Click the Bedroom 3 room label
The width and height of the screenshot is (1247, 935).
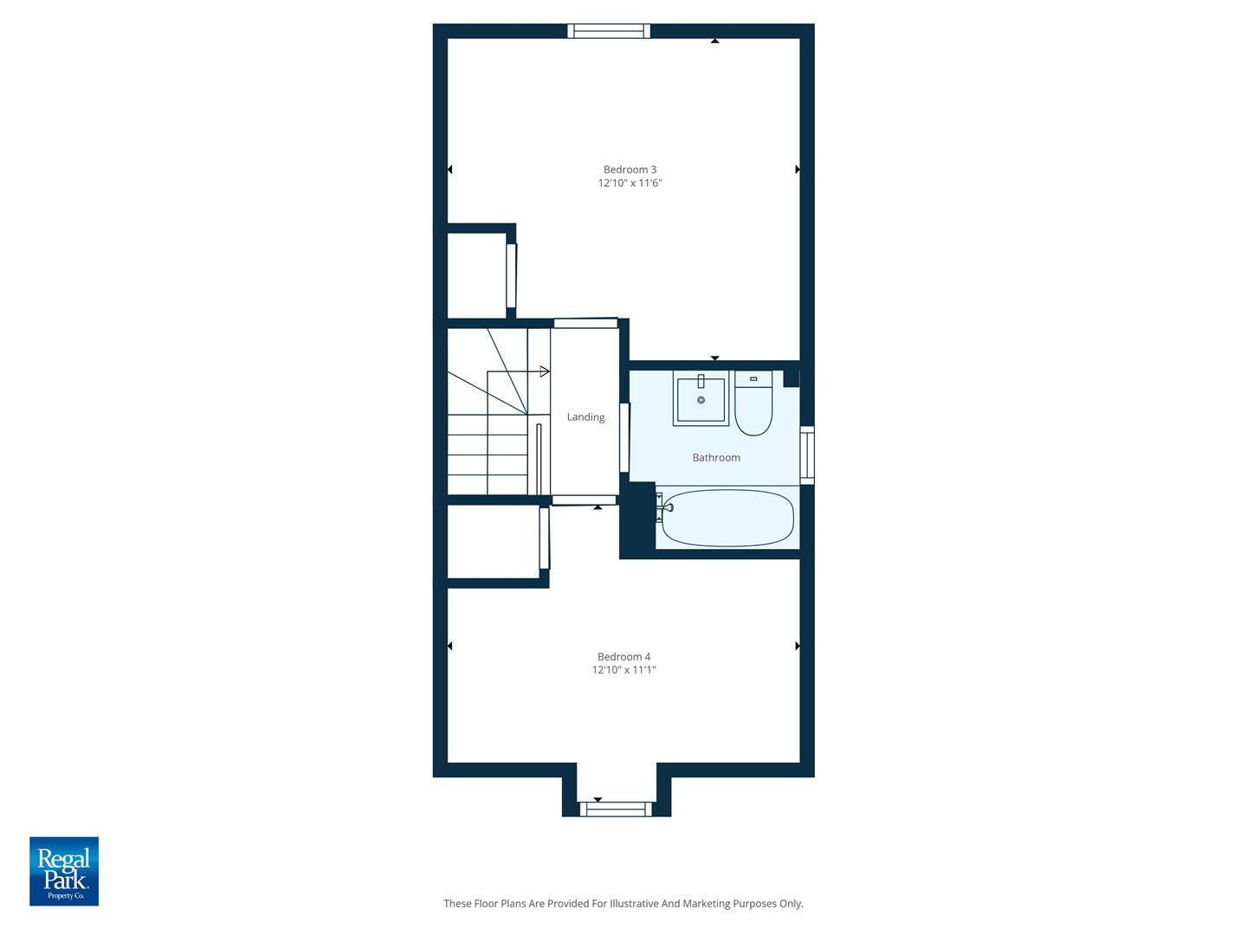point(630,170)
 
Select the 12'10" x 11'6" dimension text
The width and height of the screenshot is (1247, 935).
point(630,184)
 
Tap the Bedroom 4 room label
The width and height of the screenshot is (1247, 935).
point(623,657)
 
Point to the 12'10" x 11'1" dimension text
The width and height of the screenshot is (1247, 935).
point(623,670)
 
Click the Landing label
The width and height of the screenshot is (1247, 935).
point(585,417)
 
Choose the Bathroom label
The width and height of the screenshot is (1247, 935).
point(716,458)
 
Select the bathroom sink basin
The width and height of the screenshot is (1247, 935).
point(701,400)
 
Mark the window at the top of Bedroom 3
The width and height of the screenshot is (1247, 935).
point(609,31)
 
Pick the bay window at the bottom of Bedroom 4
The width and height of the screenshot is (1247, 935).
point(616,809)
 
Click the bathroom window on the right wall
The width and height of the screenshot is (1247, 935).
point(807,455)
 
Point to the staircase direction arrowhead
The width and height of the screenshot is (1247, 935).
point(545,371)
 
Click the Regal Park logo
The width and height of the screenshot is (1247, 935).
point(64,871)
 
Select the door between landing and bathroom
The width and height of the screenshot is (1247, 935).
point(624,437)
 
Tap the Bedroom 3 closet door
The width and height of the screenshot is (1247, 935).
point(511,275)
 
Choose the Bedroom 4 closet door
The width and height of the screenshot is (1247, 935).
point(544,538)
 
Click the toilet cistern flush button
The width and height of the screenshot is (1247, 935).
point(753,378)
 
